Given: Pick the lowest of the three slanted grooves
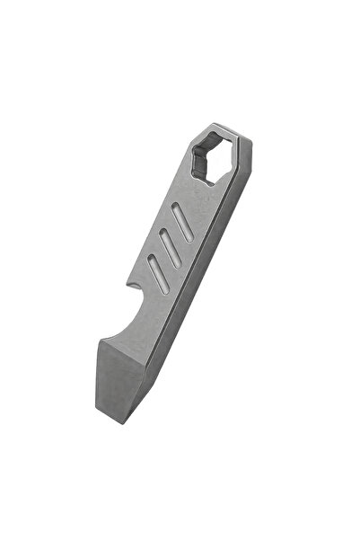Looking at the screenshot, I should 154,270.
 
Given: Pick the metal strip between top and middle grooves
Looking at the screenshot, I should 175,236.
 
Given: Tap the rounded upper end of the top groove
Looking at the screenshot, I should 190,208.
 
